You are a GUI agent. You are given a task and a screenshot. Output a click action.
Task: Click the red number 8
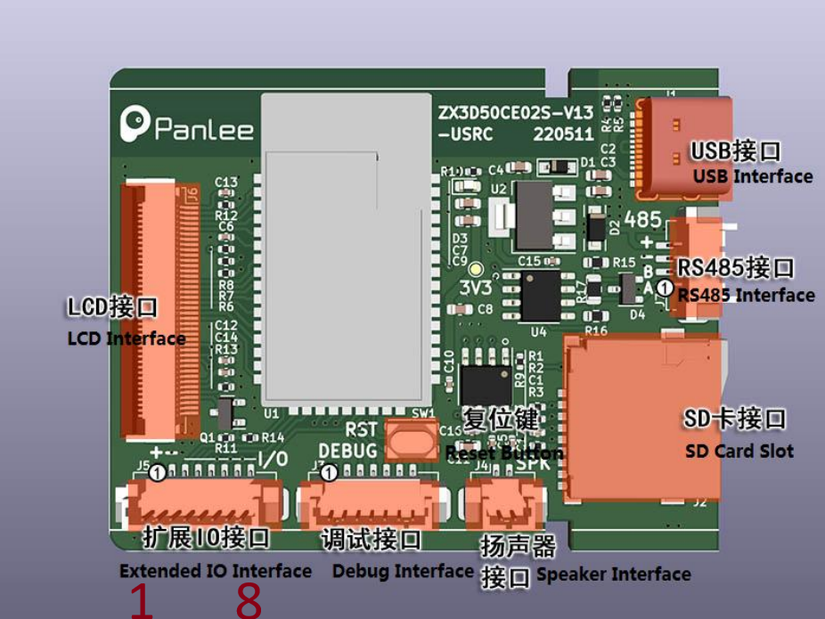pyautogui.click(x=249, y=601)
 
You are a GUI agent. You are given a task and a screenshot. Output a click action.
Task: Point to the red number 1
pyautogui.click(x=141, y=601)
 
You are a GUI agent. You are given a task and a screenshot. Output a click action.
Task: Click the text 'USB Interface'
pyautogui.click(x=753, y=176)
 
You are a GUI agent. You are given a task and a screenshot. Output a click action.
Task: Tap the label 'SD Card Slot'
pyautogui.click(x=739, y=451)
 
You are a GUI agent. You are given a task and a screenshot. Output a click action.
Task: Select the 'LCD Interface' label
pyautogui.click(x=127, y=338)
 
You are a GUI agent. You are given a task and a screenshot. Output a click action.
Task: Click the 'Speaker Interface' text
pyautogui.click(x=613, y=574)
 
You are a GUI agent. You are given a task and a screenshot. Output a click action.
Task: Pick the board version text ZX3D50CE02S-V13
pyautogui.click(x=515, y=115)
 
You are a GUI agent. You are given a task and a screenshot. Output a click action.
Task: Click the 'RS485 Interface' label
pyautogui.click(x=746, y=295)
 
